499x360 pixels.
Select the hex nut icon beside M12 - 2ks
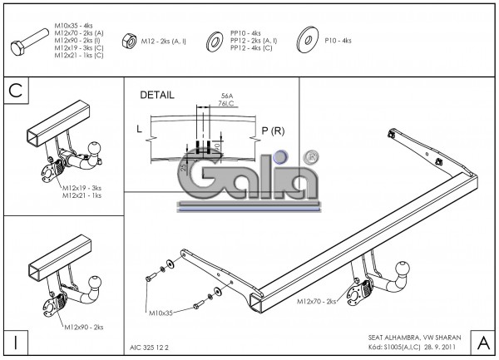tap(130, 39)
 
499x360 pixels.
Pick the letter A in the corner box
tap(482, 342)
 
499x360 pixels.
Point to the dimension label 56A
tap(227, 96)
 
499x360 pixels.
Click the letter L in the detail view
tap(139, 130)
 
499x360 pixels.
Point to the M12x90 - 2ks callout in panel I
tap(83, 328)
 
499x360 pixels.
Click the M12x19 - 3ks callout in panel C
tap(82, 188)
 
